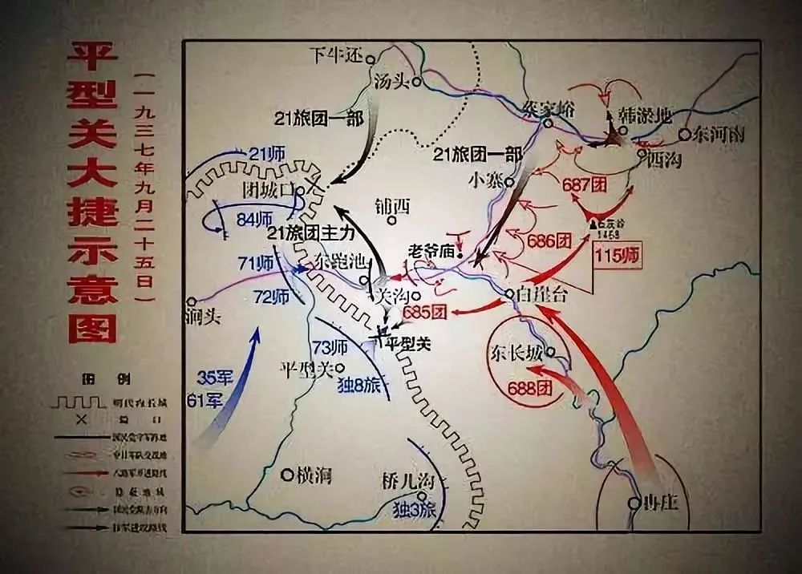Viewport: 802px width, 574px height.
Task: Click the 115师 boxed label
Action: [618, 257]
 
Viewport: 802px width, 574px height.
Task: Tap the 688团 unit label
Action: [530, 388]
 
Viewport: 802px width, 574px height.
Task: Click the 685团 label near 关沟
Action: [424, 312]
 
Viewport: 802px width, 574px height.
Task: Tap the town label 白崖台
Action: [543, 294]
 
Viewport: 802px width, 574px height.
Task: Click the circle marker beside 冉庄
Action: [634, 503]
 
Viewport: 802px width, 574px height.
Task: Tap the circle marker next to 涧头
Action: [191, 301]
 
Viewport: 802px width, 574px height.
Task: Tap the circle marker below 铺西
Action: [391, 220]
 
